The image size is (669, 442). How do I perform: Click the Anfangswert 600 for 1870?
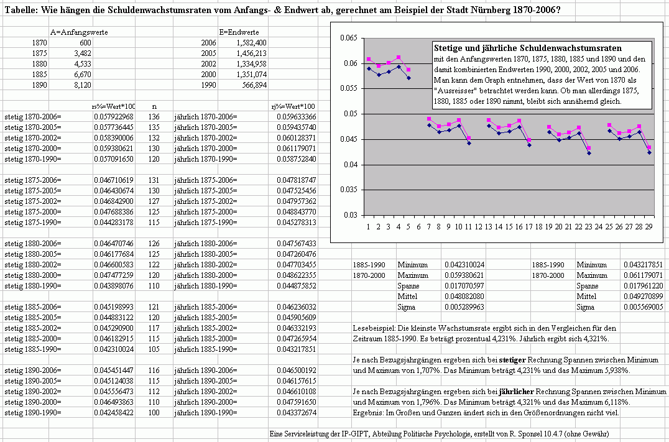point(85,43)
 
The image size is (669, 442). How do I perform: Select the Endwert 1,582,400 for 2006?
point(252,43)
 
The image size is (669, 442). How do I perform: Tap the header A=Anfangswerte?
point(79,32)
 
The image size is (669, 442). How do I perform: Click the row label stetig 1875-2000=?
point(33,212)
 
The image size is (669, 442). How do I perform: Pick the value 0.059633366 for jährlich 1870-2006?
point(297,117)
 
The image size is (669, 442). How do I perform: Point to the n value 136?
point(154,117)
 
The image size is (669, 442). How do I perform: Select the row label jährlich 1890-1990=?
point(206,413)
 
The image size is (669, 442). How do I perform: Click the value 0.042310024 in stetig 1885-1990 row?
point(114,349)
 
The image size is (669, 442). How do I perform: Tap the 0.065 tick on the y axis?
point(349,38)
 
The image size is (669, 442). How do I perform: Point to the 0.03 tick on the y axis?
point(351,215)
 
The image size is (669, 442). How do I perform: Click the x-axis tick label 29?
point(648,227)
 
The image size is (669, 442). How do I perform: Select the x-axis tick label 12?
point(478,227)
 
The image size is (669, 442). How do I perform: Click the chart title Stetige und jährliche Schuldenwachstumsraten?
point(528,48)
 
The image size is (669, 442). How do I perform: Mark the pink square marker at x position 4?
point(399,57)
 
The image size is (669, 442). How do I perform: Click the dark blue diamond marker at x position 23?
point(589,153)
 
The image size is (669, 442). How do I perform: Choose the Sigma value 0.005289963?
point(464,307)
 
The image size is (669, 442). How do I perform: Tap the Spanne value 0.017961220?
point(644,287)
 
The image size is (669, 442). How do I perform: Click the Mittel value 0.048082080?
point(464,297)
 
